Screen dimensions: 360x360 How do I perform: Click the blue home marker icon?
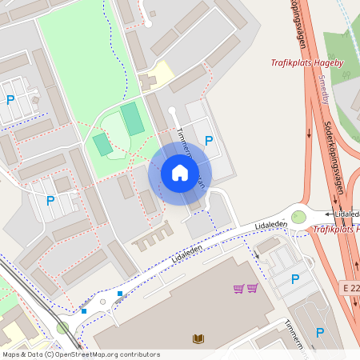click(180, 173)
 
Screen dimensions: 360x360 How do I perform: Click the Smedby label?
click(323, 90)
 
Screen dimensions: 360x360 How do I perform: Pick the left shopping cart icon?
click(238, 288)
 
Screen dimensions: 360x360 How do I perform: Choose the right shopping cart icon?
click(252, 288)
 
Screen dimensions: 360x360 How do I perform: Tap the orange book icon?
click(198, 338)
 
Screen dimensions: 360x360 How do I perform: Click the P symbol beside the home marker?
click(209, 141)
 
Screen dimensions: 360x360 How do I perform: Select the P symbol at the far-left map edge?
click(10, 100)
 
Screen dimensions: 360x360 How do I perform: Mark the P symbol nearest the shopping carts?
click(294, 279)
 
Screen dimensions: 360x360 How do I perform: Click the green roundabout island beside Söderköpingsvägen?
click(298, 216)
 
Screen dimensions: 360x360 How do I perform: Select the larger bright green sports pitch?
click(133, 118)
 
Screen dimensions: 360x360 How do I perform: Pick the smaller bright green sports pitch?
click(102, 145)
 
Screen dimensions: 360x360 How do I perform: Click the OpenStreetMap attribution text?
click(81, 354)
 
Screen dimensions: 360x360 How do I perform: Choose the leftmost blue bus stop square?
click(83, 310)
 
